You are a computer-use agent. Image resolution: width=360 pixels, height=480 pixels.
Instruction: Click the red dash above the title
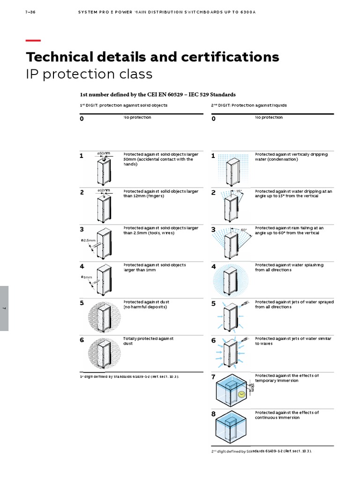click(33, 41)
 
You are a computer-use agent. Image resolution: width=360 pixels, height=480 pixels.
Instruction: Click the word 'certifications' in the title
click(227, 57)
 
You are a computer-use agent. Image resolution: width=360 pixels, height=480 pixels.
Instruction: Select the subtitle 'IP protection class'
click(89, 74)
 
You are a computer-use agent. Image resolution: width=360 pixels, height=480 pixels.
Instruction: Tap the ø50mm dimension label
click(104, 153)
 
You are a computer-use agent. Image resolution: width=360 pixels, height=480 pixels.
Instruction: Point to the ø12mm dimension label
click(104, 190)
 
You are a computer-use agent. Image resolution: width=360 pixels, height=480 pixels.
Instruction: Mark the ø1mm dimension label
click(87, 277)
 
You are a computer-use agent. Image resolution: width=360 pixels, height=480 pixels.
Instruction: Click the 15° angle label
click(239, 191)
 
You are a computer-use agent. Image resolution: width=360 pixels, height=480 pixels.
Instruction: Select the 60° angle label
click(244, 230)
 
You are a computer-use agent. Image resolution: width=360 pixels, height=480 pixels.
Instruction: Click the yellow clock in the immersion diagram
click(242, 394)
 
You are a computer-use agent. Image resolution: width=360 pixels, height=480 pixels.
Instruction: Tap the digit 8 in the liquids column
click(214, 414)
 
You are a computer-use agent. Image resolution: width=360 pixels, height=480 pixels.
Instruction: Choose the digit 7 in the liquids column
click(214, 377)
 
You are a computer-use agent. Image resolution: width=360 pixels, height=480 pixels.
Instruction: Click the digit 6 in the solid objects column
click(82, 340)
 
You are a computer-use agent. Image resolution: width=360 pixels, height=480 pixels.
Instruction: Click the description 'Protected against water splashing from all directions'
click(289, 267)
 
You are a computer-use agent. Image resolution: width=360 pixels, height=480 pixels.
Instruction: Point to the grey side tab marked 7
click(4, 308)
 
